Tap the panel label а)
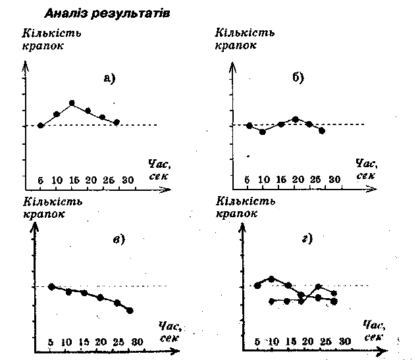(x=109, y=79)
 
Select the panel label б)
(x=298, y=78)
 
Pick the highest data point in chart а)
(x=72, y=103)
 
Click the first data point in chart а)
(x=41, y=125)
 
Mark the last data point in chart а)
(x=117, y=122)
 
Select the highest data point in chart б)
(x=296, y=119)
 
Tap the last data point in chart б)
(x=322, y=131)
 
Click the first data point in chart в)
(x=51, y=286)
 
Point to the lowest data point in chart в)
(x=130, y=310)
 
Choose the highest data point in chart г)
(x=272, y=279)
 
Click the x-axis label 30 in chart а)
(x=128, y=180)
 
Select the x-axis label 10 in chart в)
(x=66, y=342)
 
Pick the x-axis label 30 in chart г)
(x=344, y=341)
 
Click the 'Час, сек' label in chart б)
(x=364, y=169)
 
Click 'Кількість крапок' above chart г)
(x=245, y=209)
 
